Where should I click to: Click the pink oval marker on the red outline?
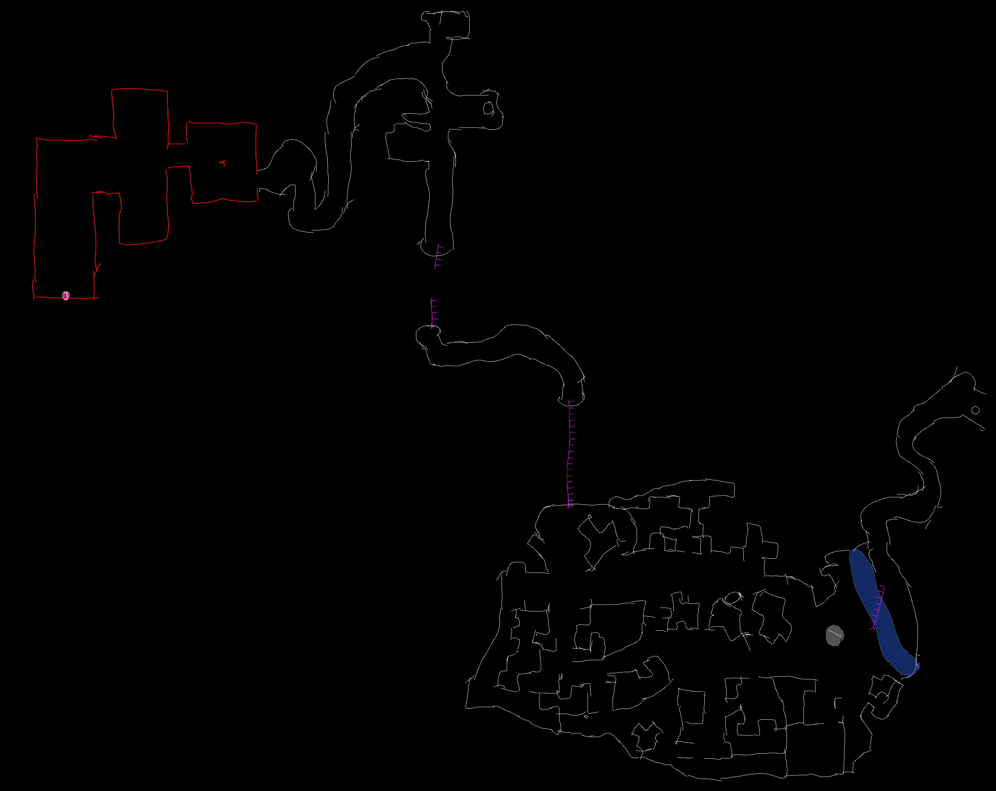[66, 295]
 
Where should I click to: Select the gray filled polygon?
[834, 635]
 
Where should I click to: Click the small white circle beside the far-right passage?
[976, 410]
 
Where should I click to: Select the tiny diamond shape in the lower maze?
[586, 717]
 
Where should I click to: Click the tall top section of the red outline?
[140, 115]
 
